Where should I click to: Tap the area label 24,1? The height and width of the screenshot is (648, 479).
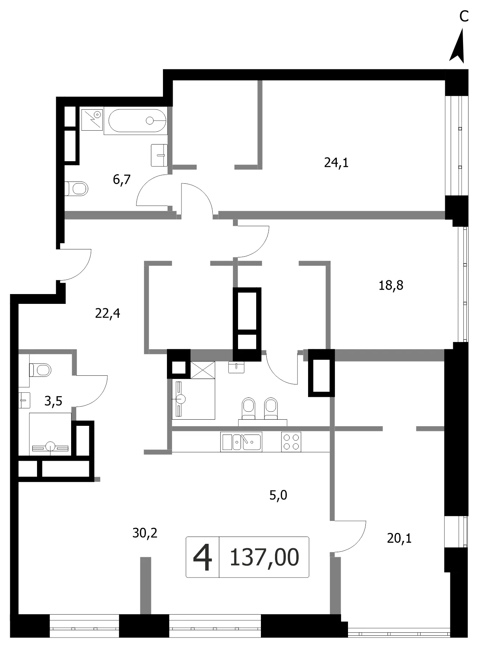[x=336, y=163]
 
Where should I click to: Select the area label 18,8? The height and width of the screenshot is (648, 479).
[x=391, y=285]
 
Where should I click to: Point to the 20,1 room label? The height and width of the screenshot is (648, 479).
[x=399, y=538]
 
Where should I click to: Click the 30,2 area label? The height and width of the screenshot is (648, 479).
[x=145, y=533]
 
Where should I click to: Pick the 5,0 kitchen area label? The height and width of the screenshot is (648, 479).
[x=278, y=495]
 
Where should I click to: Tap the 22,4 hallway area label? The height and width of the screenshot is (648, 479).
[x=107, y=313]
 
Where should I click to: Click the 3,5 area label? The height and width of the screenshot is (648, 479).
[x=53, y=401]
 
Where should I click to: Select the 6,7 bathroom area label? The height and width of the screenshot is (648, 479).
[x=122, y=179]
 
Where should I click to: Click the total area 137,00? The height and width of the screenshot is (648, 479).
[x=265, y=557]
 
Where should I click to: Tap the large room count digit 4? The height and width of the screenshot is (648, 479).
[x=202, y=557]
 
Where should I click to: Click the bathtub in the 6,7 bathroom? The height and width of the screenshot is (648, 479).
[x=135, y=121]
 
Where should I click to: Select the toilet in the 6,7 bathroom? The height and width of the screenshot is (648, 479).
[x=76, y=188]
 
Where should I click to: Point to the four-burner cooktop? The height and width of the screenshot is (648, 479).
[x=291, y=442]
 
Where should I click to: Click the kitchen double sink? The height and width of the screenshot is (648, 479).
[x=241, y=442]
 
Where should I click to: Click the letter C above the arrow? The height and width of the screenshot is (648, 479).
[x=464, y=16]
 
